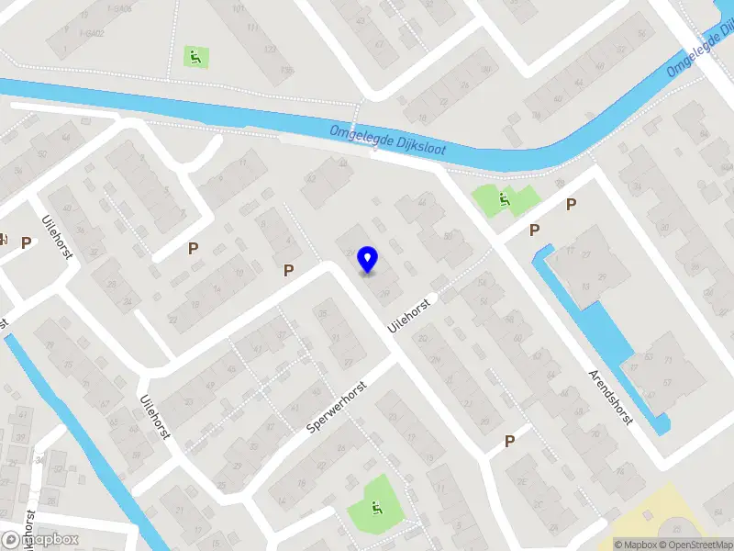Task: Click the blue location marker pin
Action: click(368, 260)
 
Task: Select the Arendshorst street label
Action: click(610, 396)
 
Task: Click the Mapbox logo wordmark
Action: click(40, 540)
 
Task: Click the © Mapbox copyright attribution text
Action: click(636, 545)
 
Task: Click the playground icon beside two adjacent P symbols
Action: click(504, 197)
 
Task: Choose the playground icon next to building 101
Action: click(195, 56)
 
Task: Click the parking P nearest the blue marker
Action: click(289, 270)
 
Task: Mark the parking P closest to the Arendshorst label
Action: click(509, 442)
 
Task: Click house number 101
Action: click(239, 9)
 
